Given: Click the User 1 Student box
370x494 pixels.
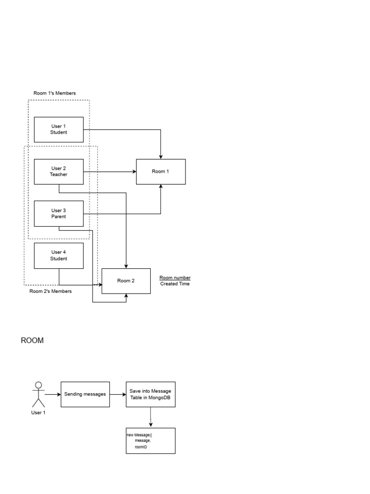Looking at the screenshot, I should coord(59,129).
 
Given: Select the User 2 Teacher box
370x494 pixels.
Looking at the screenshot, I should coord(59,172).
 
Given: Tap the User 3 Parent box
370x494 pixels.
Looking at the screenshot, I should coord(59,214).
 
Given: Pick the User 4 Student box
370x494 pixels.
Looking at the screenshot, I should coord(59,256).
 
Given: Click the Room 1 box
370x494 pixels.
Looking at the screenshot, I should coord(160,172).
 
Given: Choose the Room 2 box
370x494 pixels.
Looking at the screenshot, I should coord(126,281).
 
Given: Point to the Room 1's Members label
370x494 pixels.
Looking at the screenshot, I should coord(54,93).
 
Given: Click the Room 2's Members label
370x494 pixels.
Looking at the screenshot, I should coord(51,291).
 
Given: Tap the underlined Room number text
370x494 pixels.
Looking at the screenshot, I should coord(175,278).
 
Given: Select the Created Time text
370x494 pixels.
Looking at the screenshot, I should coord(175,284).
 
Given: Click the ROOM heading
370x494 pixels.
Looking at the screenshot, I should coord(32,341).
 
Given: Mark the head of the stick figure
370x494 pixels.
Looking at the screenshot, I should coord(39,385).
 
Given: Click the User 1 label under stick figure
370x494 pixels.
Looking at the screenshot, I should coord(39,413).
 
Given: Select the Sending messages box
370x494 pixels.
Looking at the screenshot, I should coord(85,394).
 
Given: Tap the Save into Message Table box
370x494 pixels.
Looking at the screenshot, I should coord(150,394).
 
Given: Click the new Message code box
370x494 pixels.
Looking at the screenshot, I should coord(150,440).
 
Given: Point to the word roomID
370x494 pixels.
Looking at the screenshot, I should coord(141,447).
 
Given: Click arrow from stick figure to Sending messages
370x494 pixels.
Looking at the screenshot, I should coord(53,394).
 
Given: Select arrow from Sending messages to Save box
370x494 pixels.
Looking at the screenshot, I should coord(118,394).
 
